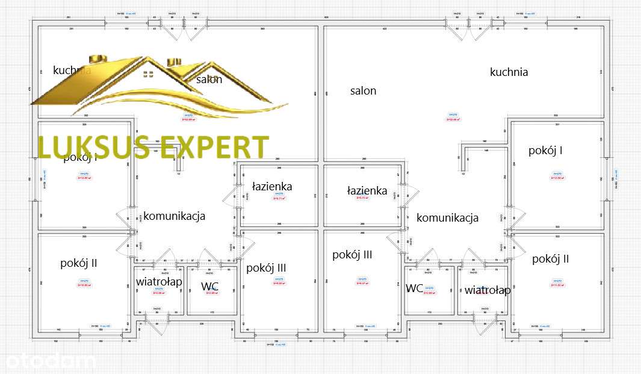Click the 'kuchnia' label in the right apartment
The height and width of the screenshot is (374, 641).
pyautogui.click(x=509, y=72)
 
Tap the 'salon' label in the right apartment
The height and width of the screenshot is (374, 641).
pyautogui.click(x=363, y=91)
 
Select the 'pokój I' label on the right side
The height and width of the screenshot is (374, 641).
pyautogui.click(x=545, y=151)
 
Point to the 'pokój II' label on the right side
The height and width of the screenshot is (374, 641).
pyautogui.click(x=550, y=259)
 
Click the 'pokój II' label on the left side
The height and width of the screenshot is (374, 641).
pyautogui.click(x=78, y=263)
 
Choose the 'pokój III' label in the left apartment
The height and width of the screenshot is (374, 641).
pyautogui.click(x=266, y=267)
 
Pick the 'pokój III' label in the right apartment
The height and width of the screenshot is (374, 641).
pyautogui.click(x=352, y=255)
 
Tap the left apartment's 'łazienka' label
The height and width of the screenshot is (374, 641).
pyautogui.click(x=272, y=187)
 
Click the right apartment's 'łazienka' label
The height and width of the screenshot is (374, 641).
pyautogui.click(x=367, y=190)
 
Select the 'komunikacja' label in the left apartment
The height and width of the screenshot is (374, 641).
pyautogui.click(x=174, y=216)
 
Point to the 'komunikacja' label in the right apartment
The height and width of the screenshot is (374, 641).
pyautogui.click(x=447, y=217)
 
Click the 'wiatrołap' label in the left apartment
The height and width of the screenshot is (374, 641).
pyautogui.click(x=159, y=281)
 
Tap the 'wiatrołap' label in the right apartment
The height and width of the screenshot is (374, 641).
pyautogui.click(x=488, y=290)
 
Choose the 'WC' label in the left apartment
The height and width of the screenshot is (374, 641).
pyautogui.click(x=209, y=286)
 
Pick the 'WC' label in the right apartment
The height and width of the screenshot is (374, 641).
pyautogui.click(x=414, y=288)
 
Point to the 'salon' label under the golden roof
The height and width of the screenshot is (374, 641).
pyautogui.click(x=209, y=79)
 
